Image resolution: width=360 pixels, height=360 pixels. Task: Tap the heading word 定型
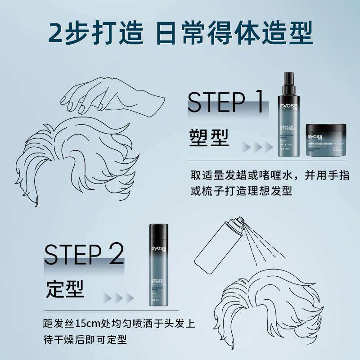click(x=65, y=289)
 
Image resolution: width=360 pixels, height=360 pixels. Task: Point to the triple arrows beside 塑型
click(x=257, y=147)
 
